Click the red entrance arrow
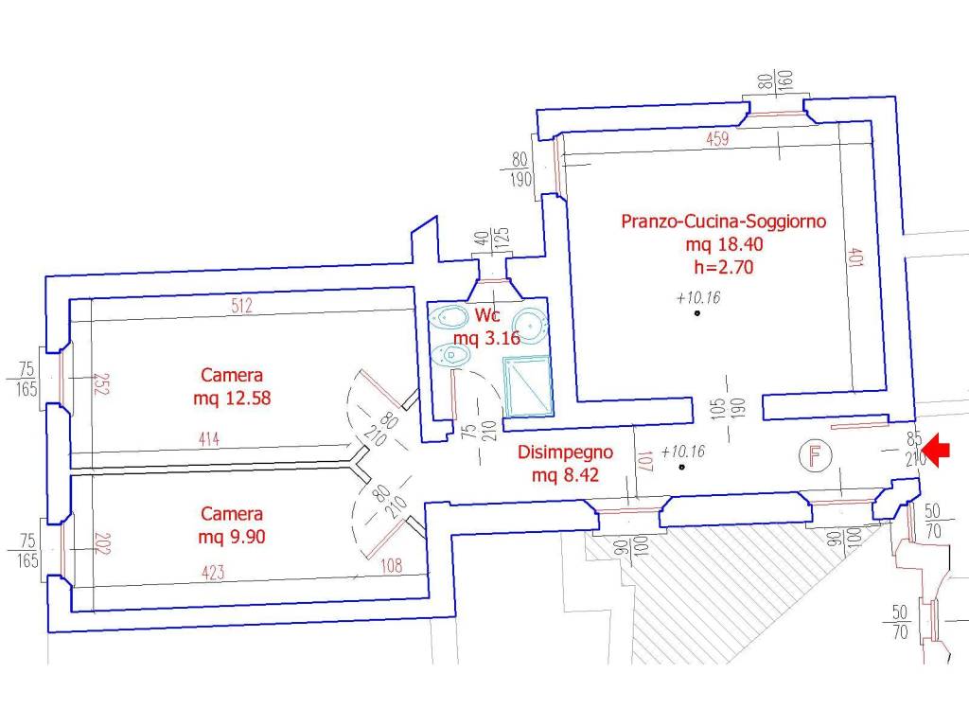938,450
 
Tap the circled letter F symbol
815,456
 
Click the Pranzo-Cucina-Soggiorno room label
723,222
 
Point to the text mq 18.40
724,244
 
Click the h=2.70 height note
724,267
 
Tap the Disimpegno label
566,452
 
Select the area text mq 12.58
232,398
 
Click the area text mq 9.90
232,537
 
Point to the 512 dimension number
241,306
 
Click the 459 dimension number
717,138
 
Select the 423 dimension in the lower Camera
213,573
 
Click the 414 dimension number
209,439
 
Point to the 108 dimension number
391,565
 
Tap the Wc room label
487,315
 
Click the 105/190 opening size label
728,408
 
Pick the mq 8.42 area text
566,475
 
